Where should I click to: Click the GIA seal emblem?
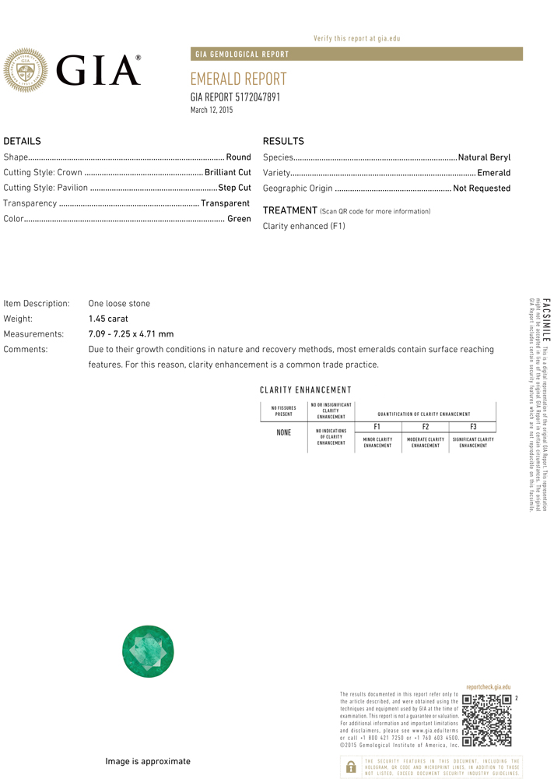tap(26, 70)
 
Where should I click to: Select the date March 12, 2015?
tap(212, 111)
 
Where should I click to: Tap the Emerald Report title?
tap(238, 79)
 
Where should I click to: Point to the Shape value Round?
tap(238, 157)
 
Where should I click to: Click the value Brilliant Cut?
tap(228, 172)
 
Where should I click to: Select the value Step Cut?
tap(234, 188)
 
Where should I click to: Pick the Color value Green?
tap(239, 219)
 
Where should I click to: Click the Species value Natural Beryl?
tap(484, 157)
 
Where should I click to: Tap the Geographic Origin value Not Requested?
tap(482, 189)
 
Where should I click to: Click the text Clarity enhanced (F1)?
tap(304, 226)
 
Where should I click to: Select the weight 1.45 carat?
tap(108, 319)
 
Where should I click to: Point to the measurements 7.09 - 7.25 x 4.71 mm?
tap(131, 334)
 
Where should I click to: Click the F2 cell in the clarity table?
tap(426, 427)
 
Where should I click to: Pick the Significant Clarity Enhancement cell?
tap(473, 442)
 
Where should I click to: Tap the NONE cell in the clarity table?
tap(284, 432)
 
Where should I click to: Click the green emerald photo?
tap(148, 651)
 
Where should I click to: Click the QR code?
tap(486, 720)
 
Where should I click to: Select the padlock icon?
tap(350, 766)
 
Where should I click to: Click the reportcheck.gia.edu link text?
tap(489, 686)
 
